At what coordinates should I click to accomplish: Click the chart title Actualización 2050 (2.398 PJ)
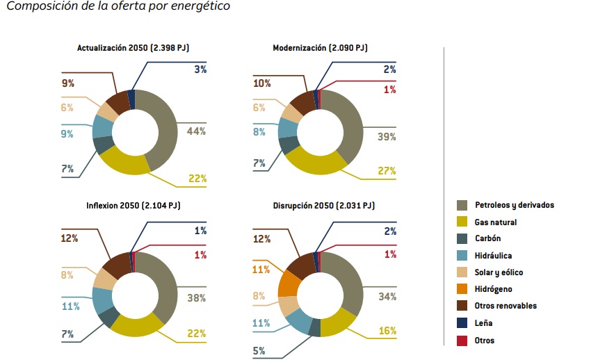(x=134, y=48)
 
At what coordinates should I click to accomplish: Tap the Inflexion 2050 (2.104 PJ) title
(x=134, y=206)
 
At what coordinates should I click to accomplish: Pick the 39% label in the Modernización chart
(x=387, y=137)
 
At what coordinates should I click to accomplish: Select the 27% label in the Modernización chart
(x=387, y=171)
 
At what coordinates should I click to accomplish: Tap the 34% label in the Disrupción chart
(x=387, y=297)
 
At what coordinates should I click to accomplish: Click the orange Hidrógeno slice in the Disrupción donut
(x=289, y=283)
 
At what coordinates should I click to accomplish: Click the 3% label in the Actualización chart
(x=200, y=69)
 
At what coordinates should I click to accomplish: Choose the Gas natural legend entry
(x=495, y=222)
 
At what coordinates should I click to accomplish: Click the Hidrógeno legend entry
(x=494, y=289)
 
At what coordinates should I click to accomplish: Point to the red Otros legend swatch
(x=461, y=341)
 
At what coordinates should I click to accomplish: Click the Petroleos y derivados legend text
(x=514, y=205)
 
